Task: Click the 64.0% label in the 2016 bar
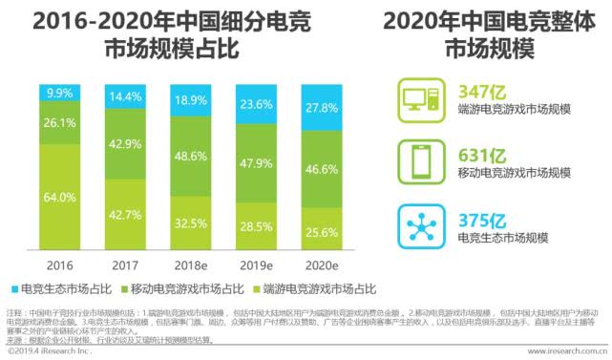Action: pyautogui.click(x=59, y=198)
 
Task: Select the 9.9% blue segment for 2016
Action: pyautogui.click(x=59, y=93)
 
